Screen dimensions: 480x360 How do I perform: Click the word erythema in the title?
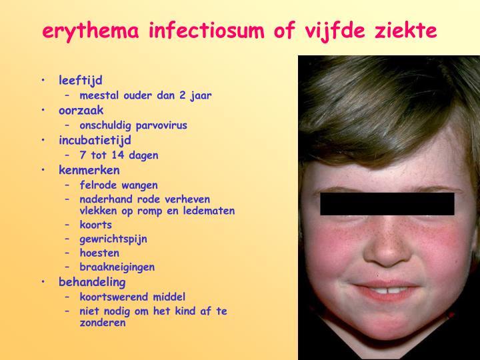91,31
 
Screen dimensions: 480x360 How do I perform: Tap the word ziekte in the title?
405,30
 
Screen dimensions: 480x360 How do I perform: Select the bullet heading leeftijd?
81,81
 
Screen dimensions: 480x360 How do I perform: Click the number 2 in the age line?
183,95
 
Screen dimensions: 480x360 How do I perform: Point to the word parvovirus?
161,125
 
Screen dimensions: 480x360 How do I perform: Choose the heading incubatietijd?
95,141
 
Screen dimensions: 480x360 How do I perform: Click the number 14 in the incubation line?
117,155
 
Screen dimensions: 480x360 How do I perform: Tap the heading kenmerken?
89,170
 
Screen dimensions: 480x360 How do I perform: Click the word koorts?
95,225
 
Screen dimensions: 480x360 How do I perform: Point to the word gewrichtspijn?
113,239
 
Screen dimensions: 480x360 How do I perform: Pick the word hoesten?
99,253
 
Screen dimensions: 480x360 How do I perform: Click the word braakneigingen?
117,267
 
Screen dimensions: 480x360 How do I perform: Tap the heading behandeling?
92,282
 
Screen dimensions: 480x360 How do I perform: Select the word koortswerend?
114,297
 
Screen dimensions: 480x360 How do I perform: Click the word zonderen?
103,323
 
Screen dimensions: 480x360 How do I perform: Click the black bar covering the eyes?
387,204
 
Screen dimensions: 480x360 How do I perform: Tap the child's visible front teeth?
388,290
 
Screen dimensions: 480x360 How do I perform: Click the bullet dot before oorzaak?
43,109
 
